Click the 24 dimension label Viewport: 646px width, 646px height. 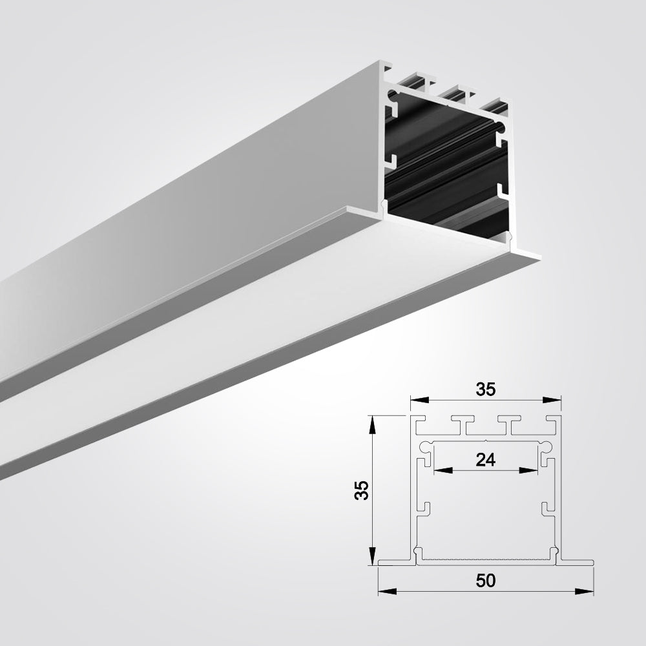(x=485, y=459)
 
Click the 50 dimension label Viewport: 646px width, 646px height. (x=486, y=581)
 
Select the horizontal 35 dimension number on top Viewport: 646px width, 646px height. (x=485, y=390)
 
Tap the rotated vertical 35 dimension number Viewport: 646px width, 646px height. (x=361, y=490)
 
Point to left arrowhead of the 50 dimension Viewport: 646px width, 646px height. (x=387, y=592)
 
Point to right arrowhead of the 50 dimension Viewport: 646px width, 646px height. (x=584, y=592)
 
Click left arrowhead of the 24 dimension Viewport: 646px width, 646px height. (x=444, y=470)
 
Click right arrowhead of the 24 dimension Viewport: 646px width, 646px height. (x=528, y=470)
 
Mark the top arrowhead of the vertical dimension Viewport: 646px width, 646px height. (x=372, y=425)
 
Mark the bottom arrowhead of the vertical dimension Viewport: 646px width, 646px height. (x=372, y=556)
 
